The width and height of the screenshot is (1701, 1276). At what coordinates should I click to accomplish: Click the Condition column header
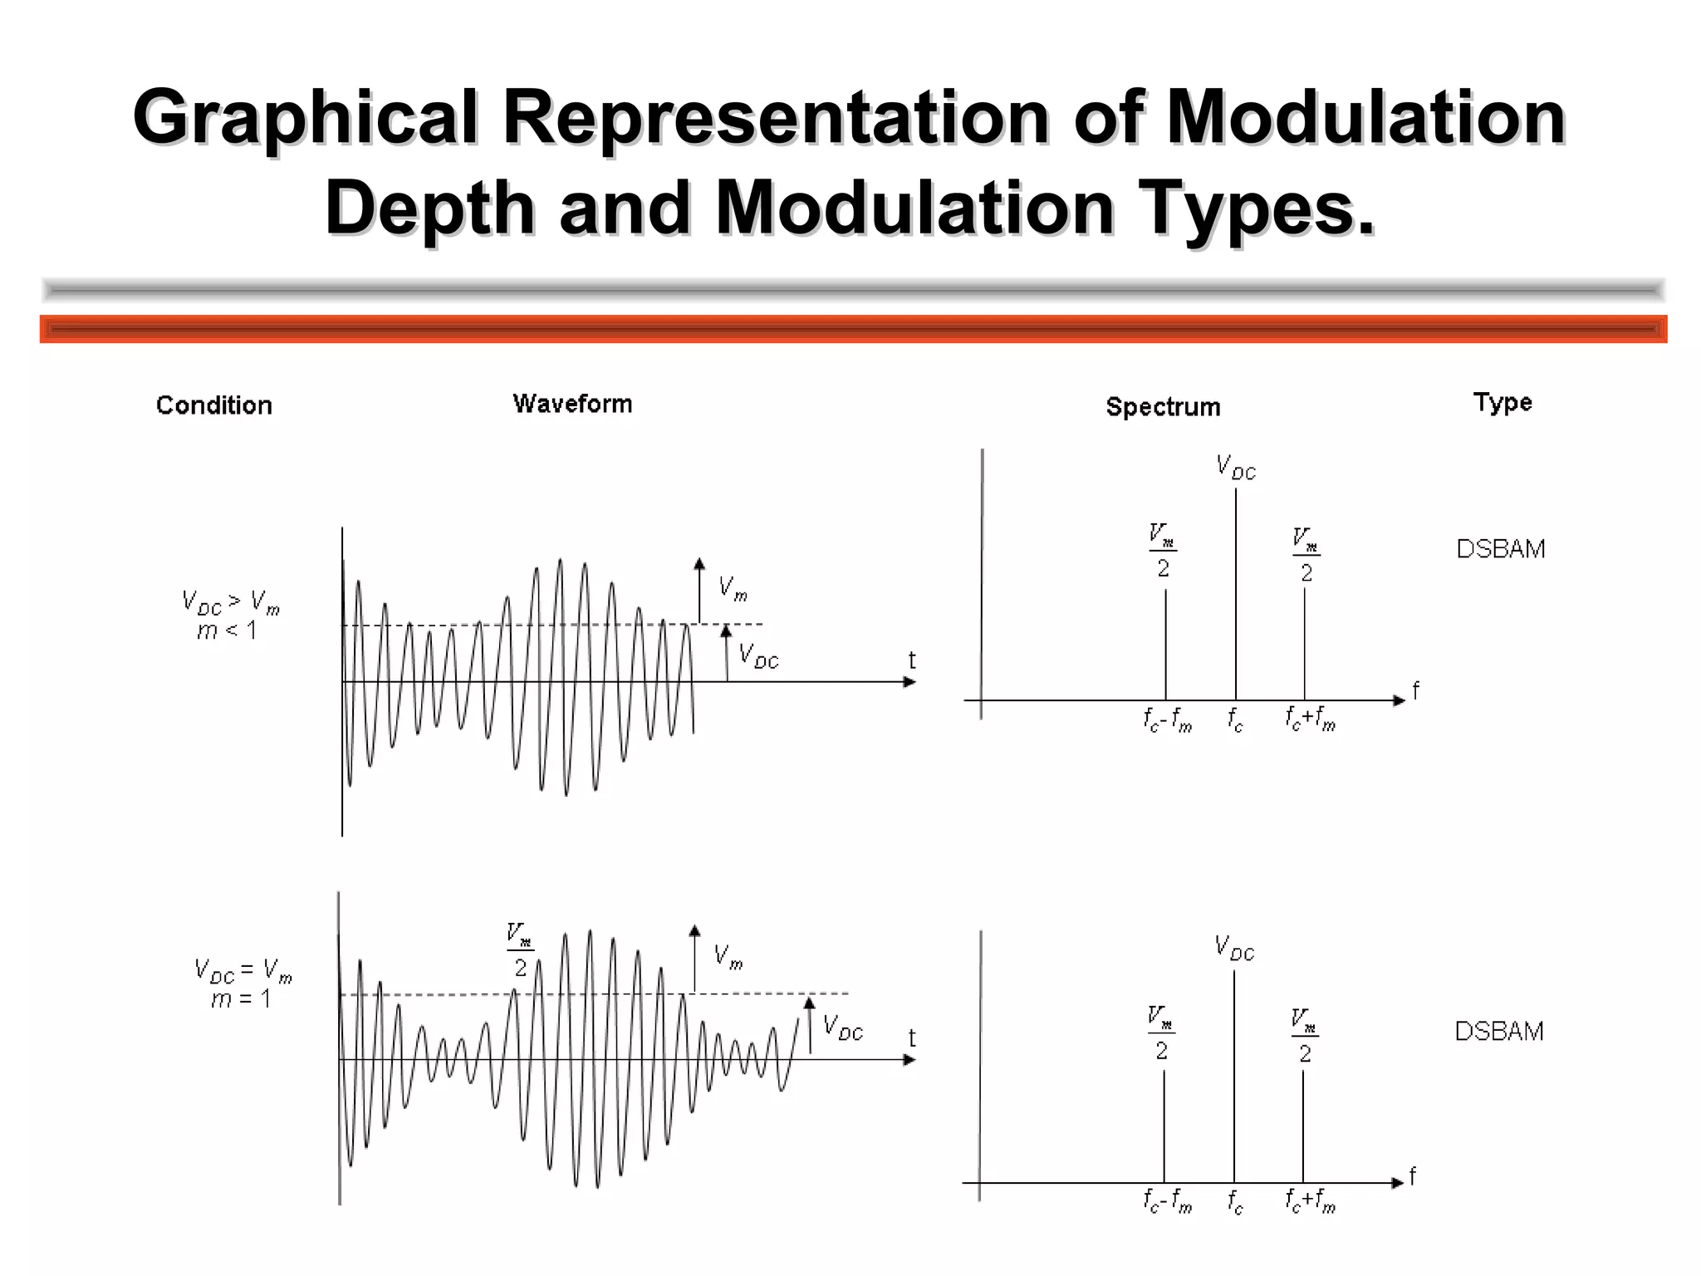click(214, 405)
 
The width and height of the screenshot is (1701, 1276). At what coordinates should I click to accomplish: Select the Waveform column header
click(572, 404)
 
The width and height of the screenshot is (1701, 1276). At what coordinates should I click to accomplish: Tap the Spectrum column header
click(1163, 407)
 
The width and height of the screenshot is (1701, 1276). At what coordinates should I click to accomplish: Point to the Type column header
click(1502, 403)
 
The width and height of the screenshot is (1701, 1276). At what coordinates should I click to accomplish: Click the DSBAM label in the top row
click(1501, 549)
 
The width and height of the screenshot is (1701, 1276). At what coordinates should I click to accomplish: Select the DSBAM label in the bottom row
click(1499, 1031)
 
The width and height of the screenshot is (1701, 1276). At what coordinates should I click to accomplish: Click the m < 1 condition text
click(227, 631)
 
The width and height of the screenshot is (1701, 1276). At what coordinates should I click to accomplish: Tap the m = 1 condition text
click(241, 999)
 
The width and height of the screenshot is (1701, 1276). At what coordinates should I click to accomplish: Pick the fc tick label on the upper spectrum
click(1236, 719)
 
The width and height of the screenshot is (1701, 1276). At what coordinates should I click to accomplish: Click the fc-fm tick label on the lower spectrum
click(1167, 1201)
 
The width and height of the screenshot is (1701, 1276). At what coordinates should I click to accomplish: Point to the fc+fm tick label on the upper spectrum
click(1310, 718)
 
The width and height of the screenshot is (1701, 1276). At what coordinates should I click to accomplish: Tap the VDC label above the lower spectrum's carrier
click(1234, 948)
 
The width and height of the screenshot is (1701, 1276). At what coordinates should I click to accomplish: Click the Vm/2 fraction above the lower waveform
click(520, 951)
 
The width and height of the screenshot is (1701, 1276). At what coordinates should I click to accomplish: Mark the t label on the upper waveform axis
click(912, 661)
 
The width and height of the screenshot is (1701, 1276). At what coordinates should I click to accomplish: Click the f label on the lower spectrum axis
click(1412, 1177)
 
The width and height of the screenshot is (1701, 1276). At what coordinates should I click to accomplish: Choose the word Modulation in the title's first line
click(1366, 117)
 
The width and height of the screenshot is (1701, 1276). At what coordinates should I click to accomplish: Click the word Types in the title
click(1257, 208)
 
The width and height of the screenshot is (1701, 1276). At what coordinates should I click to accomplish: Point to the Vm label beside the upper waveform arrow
click(733, 588)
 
